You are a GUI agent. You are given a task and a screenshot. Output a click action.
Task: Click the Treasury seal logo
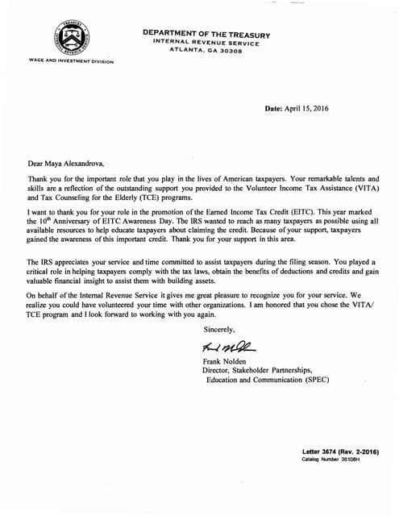72,37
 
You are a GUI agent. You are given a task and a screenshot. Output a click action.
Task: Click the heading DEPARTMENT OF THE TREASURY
206,33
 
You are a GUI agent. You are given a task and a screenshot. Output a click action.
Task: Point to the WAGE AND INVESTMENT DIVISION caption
70,61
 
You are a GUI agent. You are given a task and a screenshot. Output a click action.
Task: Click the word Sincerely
219,330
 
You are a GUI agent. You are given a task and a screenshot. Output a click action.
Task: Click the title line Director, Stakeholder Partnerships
258,370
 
